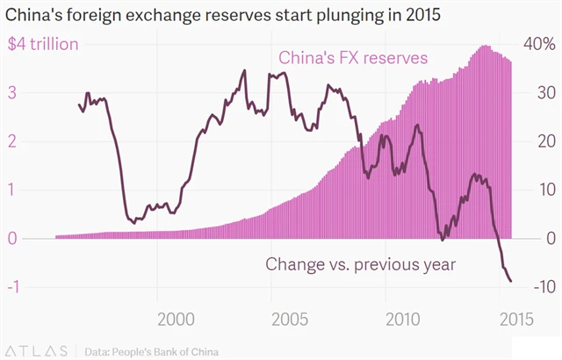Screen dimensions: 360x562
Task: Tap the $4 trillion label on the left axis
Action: coord(43,44)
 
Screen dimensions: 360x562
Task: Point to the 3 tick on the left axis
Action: coord(11,92)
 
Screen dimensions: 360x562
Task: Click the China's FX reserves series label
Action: coord(353,58)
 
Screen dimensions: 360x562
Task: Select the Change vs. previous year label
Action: coord(360,263)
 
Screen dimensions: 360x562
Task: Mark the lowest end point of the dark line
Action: coord(511,281)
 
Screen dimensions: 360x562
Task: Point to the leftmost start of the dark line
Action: coord(79,104)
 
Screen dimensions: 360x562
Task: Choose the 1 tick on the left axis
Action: coord(11,190)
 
